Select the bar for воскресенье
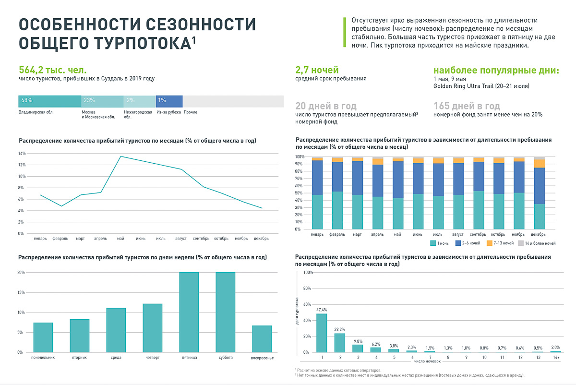click(x=262, y=339)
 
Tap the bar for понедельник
click(x=43, y=337)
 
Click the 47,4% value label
click(x=322, y=310)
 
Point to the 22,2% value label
click(x=340, y=329)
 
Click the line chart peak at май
click(x=120, y=156)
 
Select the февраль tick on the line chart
click(x=61, y=238)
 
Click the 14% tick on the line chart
click(x=22, y=154)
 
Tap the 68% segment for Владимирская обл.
click(x=49, y=101)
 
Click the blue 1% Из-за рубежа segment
click(x=169, y=101)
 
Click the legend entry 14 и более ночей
click(x=537, y=243)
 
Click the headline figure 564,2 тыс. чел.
click(x=52, y=70)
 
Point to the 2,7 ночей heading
click(x=317, y=70)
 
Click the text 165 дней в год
click(x=467, y=106)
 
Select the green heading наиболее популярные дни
click(x=496, y=70)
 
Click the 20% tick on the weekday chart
click(x=21, y=273)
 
